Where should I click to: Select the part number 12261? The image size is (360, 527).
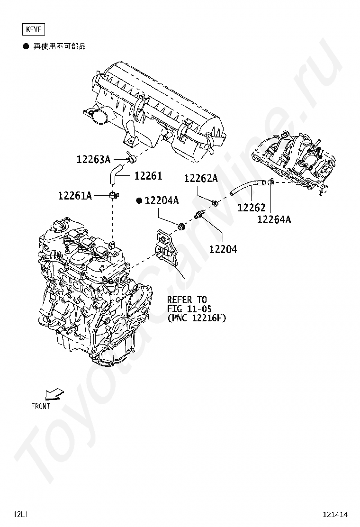pyautogui.click(x=148, y=176)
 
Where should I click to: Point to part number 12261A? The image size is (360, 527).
pyautogui.click(x=75, y=195)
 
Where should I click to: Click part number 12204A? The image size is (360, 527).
pyautogui.click(x=162, y=201)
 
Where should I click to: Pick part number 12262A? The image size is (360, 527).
pyautogui.click(x=201, y=179)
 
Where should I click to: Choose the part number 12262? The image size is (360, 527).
pyautogui.click(x=252, y=208)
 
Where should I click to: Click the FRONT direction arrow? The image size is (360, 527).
pyautogui.click(x=54, y=394)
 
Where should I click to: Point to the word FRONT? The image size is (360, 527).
pyautogui.click(x=40, y=406)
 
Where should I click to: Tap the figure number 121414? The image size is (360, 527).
pyautogui.click(x=335, y=514)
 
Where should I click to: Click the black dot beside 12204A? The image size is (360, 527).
pyautogui.click(x=139, y=201)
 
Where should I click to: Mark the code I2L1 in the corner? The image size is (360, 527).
pyautogui.click(x=21, y=514)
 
